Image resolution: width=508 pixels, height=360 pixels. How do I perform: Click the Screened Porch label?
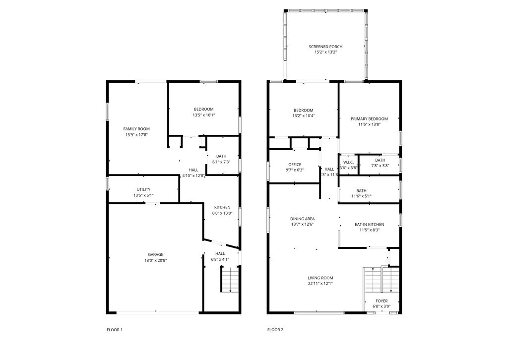click(325, 47)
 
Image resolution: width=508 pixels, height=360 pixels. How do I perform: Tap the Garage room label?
click(155, 254)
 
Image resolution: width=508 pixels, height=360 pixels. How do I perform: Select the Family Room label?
click(136, 129)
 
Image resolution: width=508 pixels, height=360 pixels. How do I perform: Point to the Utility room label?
click(143, 189)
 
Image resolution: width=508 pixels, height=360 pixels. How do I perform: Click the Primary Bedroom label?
click(369, 119)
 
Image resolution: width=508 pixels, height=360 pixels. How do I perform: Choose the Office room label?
click(295, 165)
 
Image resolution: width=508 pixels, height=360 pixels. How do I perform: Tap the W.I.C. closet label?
click(348, 162)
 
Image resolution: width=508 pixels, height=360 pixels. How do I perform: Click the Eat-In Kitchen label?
click(369, 225)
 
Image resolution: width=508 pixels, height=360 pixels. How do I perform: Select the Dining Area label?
click(302, 219)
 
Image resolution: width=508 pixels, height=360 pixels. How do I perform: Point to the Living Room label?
click(320, 278)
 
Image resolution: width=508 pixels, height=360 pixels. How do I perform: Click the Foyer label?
click(381, 301)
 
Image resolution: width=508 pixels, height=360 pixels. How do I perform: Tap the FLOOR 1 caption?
click(114, 330)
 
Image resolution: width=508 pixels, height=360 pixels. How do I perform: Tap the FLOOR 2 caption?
click(275, 330)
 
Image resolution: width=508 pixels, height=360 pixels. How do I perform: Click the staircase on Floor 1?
click(230, 280)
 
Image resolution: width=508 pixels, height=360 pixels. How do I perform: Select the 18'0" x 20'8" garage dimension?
click(155, 260)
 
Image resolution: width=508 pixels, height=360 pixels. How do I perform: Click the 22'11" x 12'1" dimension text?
click(320, 284)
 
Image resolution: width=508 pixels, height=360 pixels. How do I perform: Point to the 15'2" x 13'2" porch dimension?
click(325, 53)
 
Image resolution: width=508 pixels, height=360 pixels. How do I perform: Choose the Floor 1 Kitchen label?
click(222, 207)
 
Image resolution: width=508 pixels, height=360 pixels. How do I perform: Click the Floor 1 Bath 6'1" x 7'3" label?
click(221, 159)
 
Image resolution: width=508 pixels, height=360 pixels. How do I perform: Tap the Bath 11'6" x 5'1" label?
click(361, 193)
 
